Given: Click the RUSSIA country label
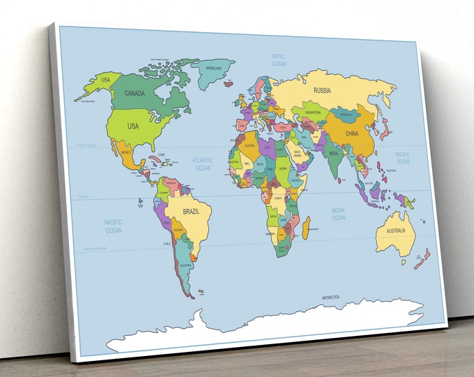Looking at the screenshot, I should (322, 90).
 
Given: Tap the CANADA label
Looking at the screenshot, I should (134, 93).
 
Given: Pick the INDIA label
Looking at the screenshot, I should (334, 154).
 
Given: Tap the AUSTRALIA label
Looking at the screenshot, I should (397, 230).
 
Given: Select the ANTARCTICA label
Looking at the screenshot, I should (330, 297).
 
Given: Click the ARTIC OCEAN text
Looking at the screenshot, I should (279, 59).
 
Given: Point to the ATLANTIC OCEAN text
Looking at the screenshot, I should (203, 164).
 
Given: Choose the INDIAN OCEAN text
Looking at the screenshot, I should (338, 214).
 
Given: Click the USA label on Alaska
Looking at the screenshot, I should (106, 80).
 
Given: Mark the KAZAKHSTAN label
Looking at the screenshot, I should (313, 112).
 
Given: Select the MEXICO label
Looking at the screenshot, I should (126, 151).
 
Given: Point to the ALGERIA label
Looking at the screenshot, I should (250, 145).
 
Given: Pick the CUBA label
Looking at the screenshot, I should (161, 154).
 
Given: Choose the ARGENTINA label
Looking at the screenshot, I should (185, 266).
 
